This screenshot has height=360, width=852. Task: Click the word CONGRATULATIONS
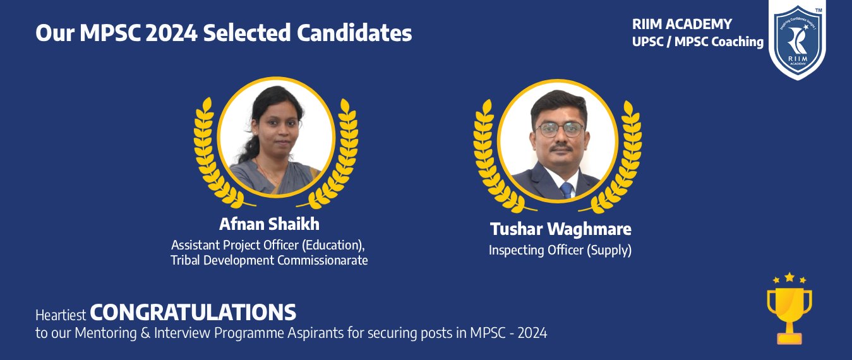click(x=193, y=313)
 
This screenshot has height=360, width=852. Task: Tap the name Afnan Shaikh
click(x=269, y=224)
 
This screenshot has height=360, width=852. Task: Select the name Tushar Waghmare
click(x=561, y=229)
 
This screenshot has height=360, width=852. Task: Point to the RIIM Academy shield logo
click(x=798, y=39)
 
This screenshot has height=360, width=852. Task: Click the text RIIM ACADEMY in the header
click(x=682, y=25)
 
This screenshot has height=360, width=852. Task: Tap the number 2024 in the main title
click(x=171, y=33)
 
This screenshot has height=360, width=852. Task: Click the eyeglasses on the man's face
click(x=560, y=129)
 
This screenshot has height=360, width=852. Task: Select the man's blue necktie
click(x=567, y=190)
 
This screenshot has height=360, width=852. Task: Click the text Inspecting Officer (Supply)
click(x=560, y=250)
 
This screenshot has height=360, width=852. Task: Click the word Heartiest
click(x=61, y=315)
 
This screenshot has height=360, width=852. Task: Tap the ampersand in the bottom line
click(x=145, y=333)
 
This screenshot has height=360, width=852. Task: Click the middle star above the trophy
click(x=789, y=277)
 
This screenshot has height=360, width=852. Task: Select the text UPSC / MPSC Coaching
click(x=697, y=42)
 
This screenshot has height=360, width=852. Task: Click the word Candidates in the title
click(x=354, y=33)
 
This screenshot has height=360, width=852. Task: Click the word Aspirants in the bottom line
click(x=315, y=333)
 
